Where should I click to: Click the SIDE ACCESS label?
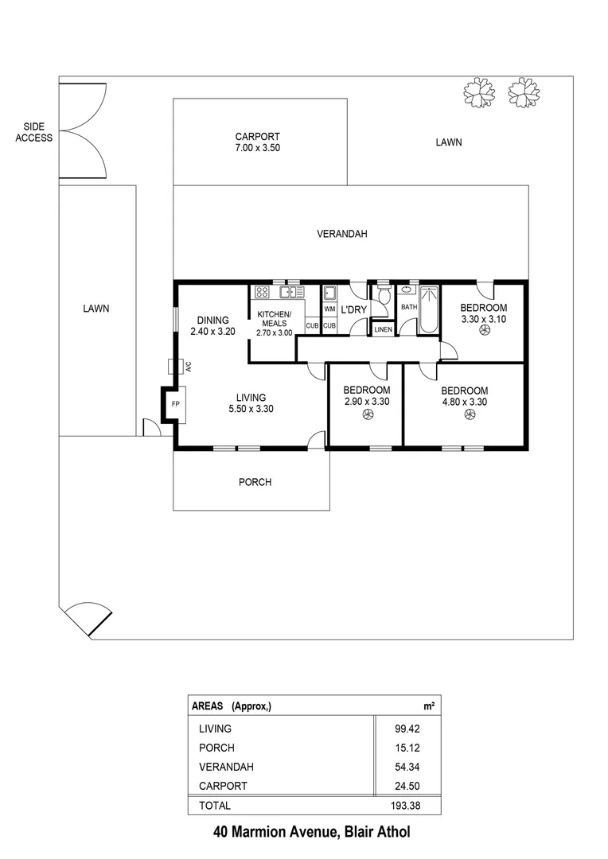[37, 132]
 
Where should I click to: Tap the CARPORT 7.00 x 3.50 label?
[257, 142]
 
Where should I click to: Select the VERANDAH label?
[341, 234]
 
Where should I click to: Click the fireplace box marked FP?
[174, 403]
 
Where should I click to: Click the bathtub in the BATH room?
[430, 309]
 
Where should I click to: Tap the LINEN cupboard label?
[383, 328]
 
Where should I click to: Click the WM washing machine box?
[329, 308]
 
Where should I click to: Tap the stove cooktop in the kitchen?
[262, 291]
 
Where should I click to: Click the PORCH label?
[255, 482]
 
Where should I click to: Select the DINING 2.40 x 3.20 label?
[212, 326]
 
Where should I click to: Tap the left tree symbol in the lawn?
[478, 93]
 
